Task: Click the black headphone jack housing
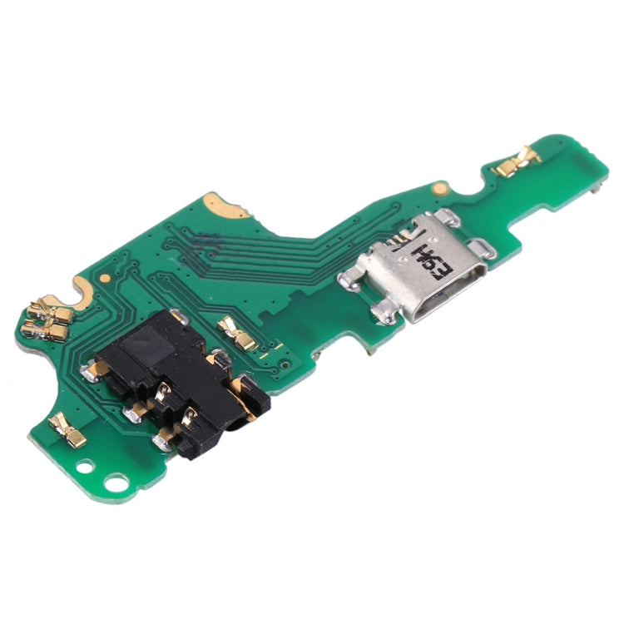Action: pos(179,379)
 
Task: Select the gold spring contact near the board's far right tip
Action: pos(517,161)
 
